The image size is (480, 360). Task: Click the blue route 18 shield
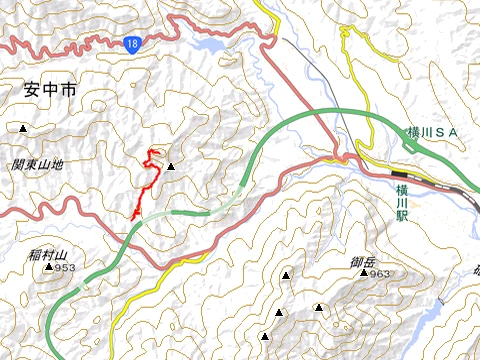(x=133, y=44)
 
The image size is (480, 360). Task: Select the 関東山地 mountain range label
(x=38, y=164)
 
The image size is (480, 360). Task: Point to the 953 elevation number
(x=66, y=268)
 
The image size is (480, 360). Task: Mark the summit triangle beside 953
(x=49, y=268)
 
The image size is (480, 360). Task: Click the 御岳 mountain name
(x=362, y=261)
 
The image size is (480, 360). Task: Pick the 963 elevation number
(x=379, y=273)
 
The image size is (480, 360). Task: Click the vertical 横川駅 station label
(x=402, y=201)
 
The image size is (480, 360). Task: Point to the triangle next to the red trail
(x=171, y=167)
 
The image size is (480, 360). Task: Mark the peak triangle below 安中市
(x=23, y=128)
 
